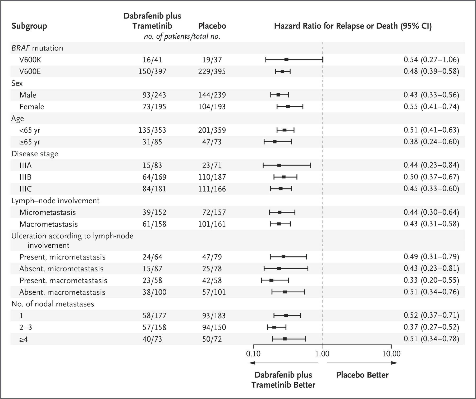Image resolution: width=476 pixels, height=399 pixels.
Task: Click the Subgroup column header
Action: (x=29, y=26)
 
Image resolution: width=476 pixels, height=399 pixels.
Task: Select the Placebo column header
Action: (x=212, y=26)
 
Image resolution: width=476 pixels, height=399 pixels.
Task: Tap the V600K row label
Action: (x=30, y=60)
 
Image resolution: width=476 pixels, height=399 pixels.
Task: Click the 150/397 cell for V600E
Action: (x=152, y=71)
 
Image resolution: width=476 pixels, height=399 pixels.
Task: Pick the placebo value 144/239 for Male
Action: (x=212, y=95)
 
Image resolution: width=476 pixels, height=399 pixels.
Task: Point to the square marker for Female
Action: (x=288, y=107)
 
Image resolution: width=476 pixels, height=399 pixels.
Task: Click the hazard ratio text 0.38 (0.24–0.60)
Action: (x=431, y=142)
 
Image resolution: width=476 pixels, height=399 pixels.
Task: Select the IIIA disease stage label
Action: (x=25, y=165)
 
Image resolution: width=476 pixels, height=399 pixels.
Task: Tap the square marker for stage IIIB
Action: (x=284, y=177)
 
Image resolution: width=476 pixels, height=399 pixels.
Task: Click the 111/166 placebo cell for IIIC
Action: (x=212, y=189)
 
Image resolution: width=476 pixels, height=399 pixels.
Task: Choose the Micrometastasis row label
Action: (x=48, y=212)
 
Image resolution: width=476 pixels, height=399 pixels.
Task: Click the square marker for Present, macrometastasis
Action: (x=271, y=280)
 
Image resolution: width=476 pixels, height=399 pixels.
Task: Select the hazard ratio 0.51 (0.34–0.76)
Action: (x=431, y=292)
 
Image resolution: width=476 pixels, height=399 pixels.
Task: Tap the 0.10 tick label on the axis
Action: (x=253, y=354)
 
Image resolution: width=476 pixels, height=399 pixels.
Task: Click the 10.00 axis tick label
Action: (x=391, y=354)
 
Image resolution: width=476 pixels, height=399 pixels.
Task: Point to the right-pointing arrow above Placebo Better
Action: (x=362, y=363)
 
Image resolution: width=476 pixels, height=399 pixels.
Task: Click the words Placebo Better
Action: (x=362, y=375)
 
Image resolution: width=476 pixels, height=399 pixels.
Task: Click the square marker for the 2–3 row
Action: (x=274, y=327)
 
